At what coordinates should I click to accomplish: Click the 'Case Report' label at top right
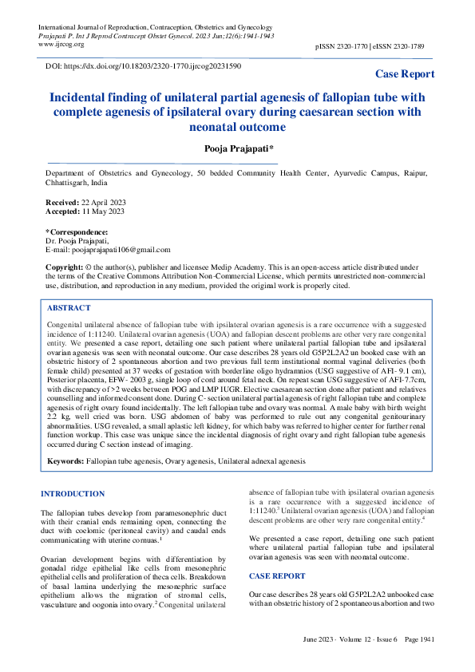[405, 74]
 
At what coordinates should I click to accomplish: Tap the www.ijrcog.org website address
[62, 45]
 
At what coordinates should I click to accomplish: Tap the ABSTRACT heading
[69, 307]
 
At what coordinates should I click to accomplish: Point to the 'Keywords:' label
[65, 461]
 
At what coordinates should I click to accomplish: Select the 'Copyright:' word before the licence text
[64, 266]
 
